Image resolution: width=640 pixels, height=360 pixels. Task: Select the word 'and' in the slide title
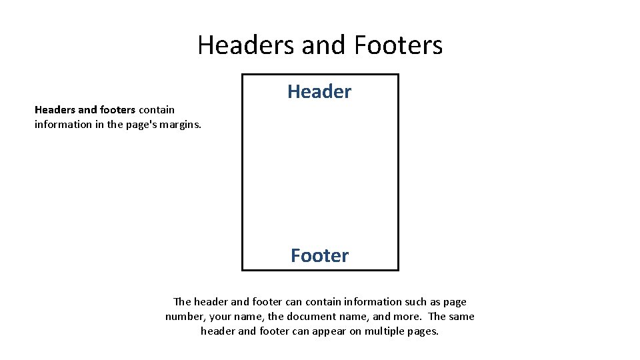319,45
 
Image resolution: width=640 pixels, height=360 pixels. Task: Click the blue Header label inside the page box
319,91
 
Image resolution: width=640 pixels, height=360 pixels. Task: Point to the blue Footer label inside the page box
319,255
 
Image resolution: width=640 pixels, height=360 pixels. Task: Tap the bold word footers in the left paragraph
117,110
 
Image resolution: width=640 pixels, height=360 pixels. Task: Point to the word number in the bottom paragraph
183,317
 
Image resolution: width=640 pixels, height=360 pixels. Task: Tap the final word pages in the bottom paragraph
423,331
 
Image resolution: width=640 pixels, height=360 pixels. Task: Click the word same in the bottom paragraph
461,317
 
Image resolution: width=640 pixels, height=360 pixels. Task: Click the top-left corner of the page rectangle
242,75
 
